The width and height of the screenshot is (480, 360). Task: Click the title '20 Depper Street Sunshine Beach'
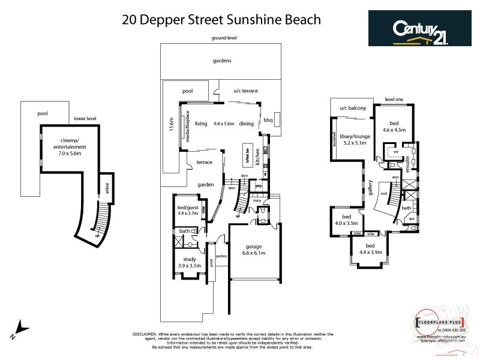coord(221,19)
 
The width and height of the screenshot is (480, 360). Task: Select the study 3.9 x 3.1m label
coord(188,262)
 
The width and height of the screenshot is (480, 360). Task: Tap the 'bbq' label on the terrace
coord(268,120)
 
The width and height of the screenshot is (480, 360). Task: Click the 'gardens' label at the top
coord(221,61)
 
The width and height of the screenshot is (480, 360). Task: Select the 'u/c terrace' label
coord(245,91)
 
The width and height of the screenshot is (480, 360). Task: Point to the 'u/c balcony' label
coord(352,108)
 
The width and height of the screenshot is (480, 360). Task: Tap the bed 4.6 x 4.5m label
coord(394,125)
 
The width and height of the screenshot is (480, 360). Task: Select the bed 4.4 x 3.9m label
coord(369,248)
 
